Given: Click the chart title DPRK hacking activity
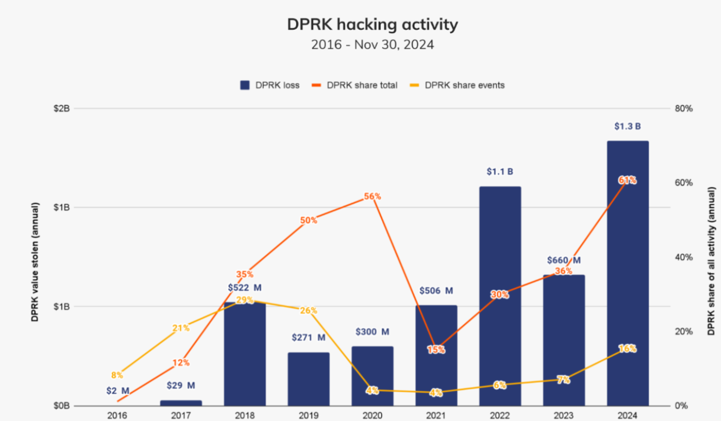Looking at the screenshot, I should click(x=372, y=24).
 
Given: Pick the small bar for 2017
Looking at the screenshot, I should click(x=180, y=403).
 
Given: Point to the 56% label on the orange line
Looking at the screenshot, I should click(x=372, y=197).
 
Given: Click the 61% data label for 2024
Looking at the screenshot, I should click(x=627, y=180).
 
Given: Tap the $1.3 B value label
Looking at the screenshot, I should click(x=627, y=126).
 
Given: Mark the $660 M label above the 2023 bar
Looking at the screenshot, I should click(x=563, y=260).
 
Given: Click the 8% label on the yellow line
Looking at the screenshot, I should click(x=117, y=374).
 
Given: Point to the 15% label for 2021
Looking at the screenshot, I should click(x=436, y=349).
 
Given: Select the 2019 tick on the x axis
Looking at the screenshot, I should click(x=308, y=416).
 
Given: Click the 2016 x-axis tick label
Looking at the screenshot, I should click(x=117, y=416).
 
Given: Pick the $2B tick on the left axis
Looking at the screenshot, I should click(x=62, y=108).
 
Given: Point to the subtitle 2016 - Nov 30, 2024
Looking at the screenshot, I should click(x=372, y=45).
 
